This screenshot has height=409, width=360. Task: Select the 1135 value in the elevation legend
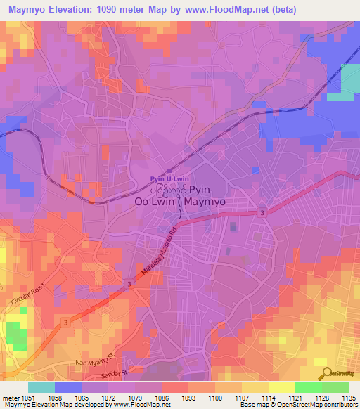[x=347, y=397]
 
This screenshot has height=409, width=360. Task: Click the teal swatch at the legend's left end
[x=41, y=387]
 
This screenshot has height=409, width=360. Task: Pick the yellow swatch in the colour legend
[x=281, y=387]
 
